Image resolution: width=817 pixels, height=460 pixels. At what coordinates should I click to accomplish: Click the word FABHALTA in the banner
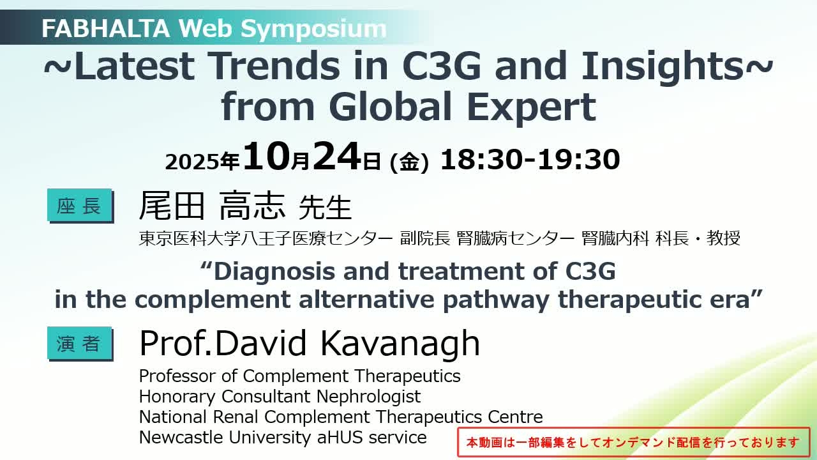[x=106, y=28]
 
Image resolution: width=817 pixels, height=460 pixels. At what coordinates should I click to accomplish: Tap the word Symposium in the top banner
[x=313, y=29]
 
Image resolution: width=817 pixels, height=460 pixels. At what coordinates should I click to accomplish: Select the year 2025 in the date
[x=192, y=162]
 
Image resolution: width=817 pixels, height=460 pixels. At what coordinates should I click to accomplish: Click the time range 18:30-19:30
[x=530, y=160]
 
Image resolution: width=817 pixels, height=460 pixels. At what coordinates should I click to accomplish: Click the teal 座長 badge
[x=80, y=206]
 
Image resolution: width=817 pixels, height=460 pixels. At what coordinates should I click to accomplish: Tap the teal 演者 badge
[x=80, y=344]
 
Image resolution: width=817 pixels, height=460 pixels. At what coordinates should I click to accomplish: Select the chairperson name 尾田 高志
[x=212, y=205]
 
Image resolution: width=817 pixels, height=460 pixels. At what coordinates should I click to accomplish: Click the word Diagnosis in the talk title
[x=274, y=272]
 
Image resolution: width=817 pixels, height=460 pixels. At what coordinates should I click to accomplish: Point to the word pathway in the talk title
[x=496, y=300]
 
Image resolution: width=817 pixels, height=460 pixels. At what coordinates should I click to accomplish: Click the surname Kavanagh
[x=400, y=343]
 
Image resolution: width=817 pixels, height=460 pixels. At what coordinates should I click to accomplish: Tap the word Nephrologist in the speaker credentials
[x=368, y=397]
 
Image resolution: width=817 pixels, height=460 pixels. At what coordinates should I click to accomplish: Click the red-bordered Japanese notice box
[x=634, y=442]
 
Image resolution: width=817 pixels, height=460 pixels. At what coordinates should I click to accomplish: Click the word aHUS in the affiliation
[x=340, y=437]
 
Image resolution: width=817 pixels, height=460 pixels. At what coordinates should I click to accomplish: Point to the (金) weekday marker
[x=409, y=162]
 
